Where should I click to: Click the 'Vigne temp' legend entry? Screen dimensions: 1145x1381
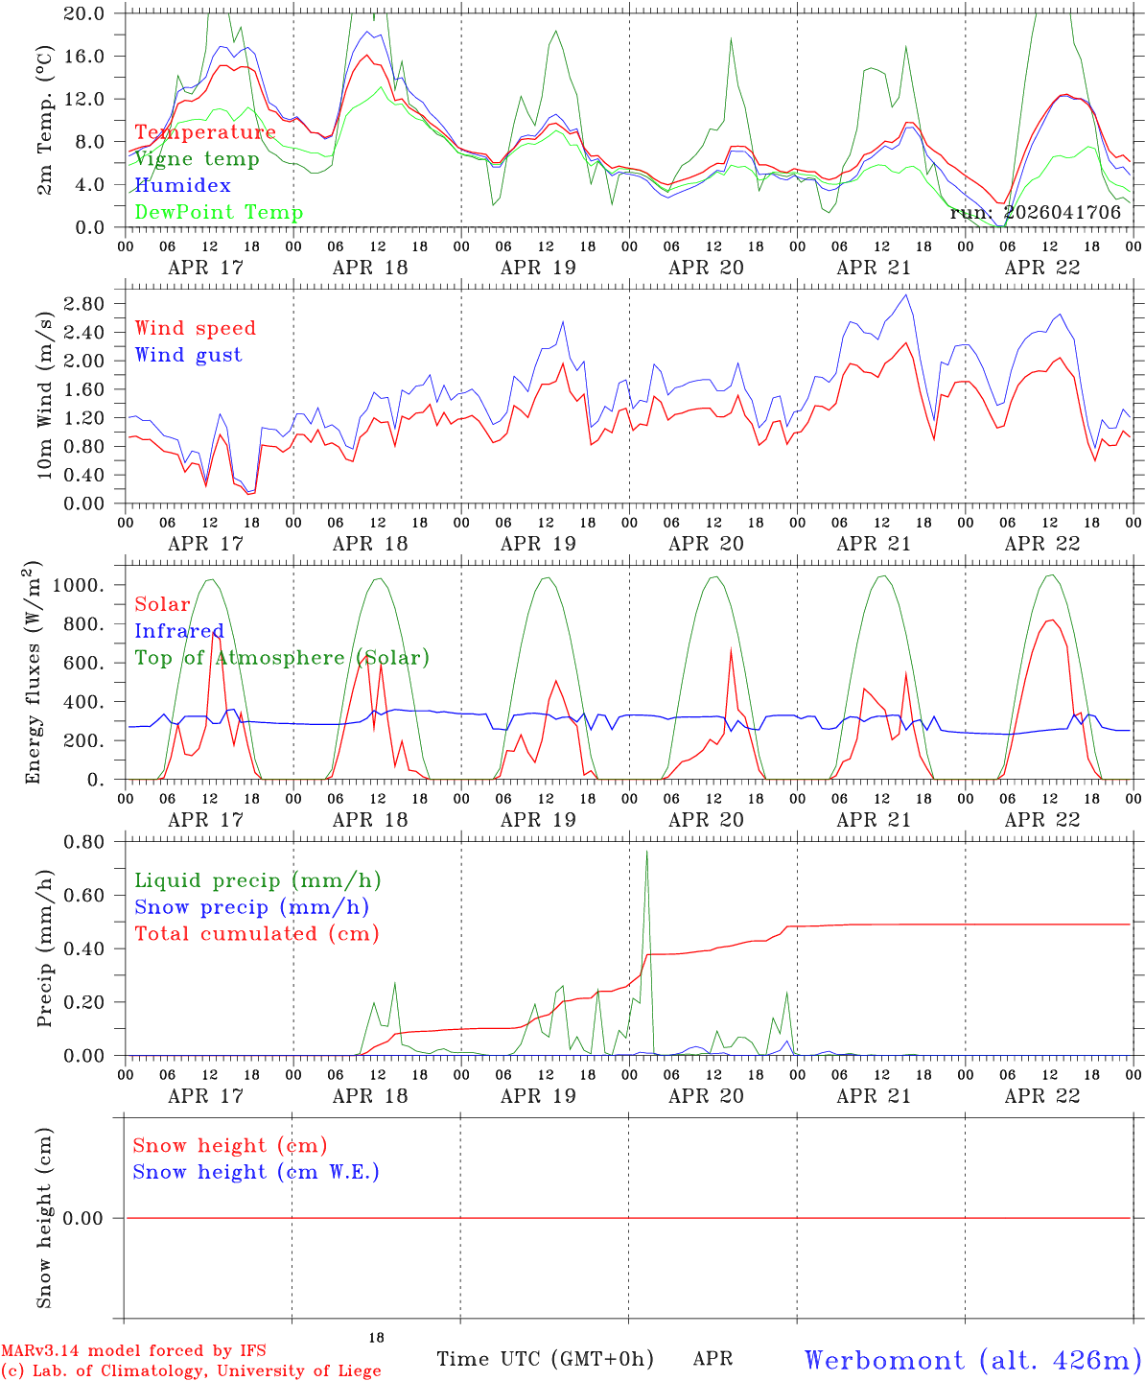[x=198, y=159]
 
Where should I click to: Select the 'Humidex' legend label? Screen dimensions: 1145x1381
[x=182, y=185]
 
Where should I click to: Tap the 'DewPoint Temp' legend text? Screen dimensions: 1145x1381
[x=219, y=212]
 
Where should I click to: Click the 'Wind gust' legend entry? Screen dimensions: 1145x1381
[x=189, y=355]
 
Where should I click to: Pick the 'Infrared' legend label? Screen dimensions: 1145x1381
[x=179, y=631]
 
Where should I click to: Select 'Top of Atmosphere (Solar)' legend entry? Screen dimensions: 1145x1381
[x=283, y=658]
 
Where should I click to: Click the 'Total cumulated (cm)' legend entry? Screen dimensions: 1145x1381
[x=257, y=933]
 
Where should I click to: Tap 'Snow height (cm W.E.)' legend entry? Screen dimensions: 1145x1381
[x=256, y=1171]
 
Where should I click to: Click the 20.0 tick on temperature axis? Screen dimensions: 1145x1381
[x=83, y=13]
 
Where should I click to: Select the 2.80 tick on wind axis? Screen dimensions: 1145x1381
[x=83, y=304]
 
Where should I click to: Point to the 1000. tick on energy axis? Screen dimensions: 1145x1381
[x=78, y=585]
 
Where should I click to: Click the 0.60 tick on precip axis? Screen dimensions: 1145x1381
[x=83, y=896]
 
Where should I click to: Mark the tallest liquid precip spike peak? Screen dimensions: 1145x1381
[x=646, y=852]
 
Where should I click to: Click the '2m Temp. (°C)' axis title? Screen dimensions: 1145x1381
[x=44, y=120]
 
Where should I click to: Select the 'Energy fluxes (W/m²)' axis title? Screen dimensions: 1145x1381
[x=33, y=672]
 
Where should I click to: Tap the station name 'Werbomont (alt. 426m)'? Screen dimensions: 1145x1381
[x=968, y=1360]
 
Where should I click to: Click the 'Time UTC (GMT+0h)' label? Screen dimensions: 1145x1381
[x=545, y=1359]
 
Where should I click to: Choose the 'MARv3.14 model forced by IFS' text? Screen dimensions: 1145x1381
[x=133, y=1350]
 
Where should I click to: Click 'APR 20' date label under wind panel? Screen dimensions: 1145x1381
[x=706, y=544]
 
